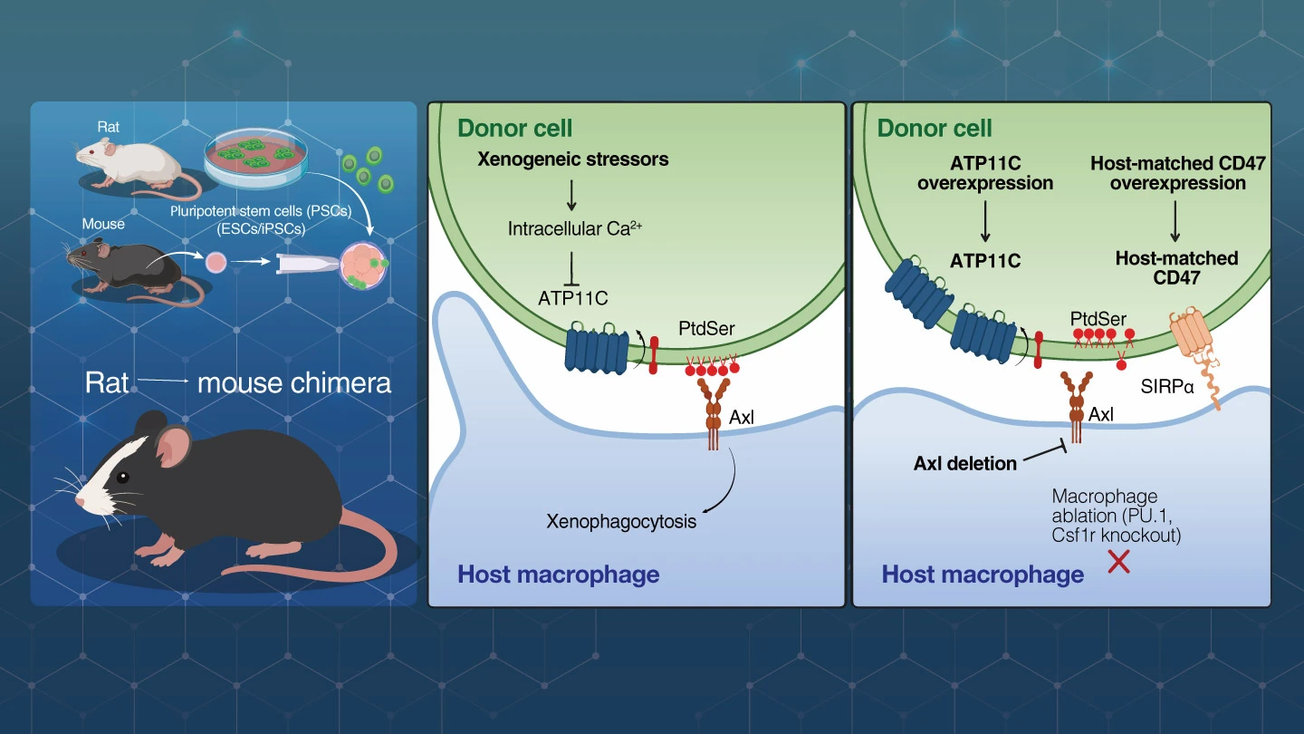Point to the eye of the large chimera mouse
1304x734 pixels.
[122, 478]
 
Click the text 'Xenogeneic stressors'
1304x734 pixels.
[573, 159]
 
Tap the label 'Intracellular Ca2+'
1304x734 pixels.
[574, 227]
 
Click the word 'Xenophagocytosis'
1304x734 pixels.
[620, 521]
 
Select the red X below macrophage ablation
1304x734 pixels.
[1118, 562]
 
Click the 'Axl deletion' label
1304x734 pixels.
[964, 463]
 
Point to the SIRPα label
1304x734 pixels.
[1166, 386]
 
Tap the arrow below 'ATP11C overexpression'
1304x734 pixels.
[985, 221]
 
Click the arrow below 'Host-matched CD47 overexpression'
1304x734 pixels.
[1175, 221]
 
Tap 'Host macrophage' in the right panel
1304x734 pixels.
[983, 575]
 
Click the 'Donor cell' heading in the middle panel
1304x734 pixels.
[514, 128]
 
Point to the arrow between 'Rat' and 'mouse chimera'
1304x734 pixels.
[163, 381]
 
